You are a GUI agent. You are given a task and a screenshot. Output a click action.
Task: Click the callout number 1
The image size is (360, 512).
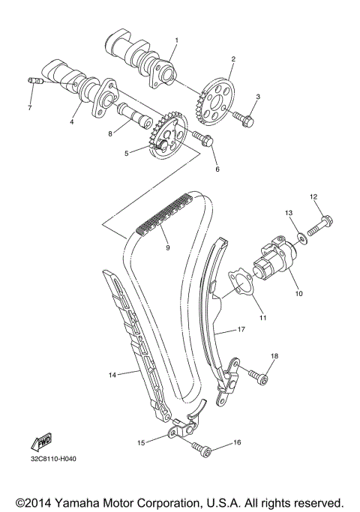point(177,39)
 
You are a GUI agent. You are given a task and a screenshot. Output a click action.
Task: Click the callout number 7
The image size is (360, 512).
point(29,109)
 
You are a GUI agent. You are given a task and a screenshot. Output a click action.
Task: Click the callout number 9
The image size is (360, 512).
point(166,248)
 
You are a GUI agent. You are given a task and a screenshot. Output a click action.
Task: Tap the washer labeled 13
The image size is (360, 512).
point(299,238)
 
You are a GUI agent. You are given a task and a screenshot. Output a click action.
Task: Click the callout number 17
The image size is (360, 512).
point(241,328)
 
